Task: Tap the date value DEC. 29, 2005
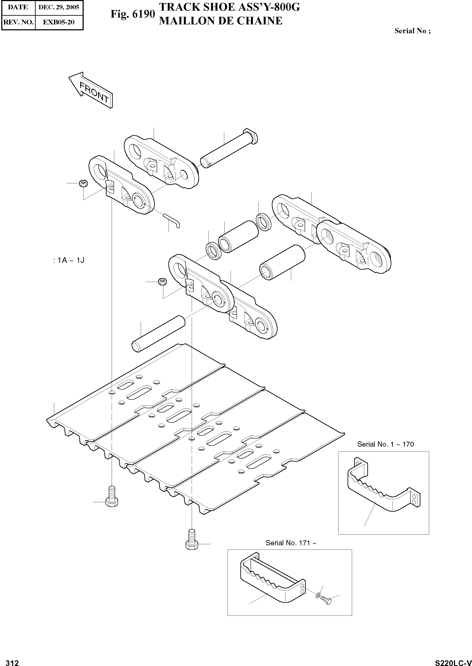(59, 7)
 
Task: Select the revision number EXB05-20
(59, 22)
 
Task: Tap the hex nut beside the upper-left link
(84, 183)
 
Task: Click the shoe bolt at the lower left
(112, 497)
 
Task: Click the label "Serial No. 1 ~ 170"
(385, 444)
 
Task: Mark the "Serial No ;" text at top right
(412, 31)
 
